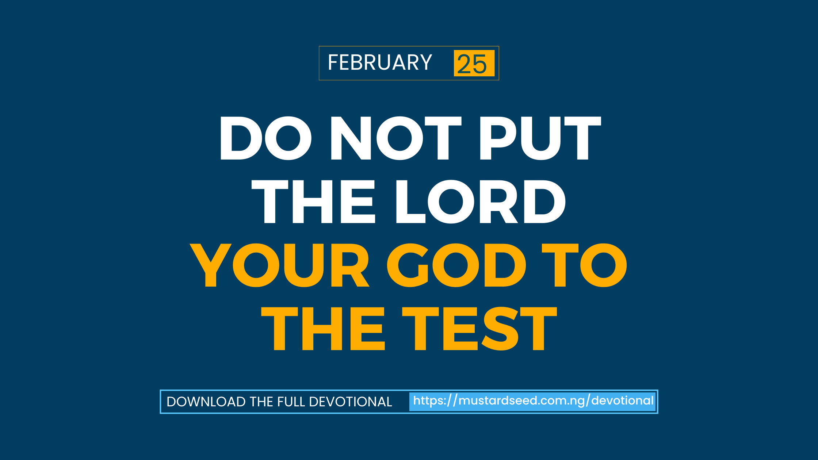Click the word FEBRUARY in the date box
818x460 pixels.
380,62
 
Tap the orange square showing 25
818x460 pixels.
474,63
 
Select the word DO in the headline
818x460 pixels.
265,138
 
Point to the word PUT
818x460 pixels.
540,138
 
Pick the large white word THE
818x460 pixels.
313,202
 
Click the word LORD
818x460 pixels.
481,202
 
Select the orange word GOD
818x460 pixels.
456,265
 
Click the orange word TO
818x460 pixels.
584,265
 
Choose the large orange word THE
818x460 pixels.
323,329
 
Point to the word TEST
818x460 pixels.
479,329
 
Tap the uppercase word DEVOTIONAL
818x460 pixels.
351,402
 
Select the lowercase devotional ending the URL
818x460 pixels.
623,400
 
